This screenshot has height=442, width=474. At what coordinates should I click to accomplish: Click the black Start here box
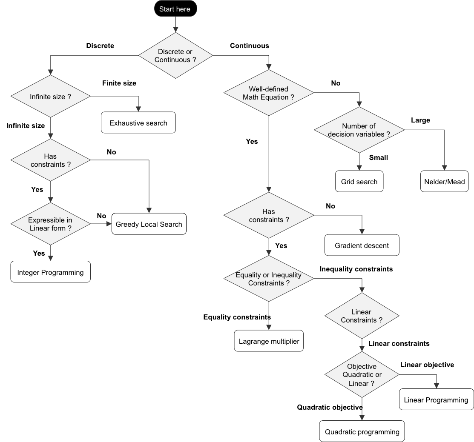coord(175,9)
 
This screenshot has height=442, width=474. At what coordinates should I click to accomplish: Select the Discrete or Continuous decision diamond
coord(175,56)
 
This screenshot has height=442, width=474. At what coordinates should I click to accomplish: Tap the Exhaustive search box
coord(138,123)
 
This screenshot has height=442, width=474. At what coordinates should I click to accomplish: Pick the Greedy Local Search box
coord(149,224)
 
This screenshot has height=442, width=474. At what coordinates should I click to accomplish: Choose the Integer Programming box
coord(50,272)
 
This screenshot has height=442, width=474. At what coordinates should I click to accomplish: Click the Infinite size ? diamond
coord(50,97)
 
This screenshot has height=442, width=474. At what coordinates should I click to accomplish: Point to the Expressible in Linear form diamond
coord(50,224)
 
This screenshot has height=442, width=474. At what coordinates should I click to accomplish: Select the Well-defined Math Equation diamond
coord(268,93)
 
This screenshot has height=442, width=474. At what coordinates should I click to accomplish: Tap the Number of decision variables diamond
coord(359,130)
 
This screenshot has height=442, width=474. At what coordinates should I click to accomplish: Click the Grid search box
coord(359,182)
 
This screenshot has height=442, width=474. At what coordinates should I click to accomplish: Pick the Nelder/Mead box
coord(444,182)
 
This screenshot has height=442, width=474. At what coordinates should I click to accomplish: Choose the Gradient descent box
coord(362,245)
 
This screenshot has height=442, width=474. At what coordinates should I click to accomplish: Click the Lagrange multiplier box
coord(269,341)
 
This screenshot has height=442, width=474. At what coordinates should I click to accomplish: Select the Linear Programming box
coord(436,400)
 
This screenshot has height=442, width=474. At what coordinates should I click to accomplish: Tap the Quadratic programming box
coord(362,432)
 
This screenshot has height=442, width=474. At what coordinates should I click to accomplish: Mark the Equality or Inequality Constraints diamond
coord(268,279)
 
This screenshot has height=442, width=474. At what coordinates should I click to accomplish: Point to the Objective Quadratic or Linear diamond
coord(362,375)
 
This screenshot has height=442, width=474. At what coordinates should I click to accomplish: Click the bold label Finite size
coord(119,83)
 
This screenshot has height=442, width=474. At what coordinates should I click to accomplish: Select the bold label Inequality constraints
coord(356,269)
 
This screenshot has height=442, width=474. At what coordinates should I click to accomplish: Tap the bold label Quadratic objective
coord(330,408)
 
